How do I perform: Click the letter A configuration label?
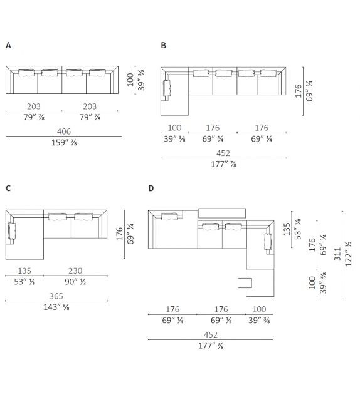8,45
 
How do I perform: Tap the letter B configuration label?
163,45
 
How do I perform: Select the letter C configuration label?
8,188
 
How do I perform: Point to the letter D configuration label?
151,188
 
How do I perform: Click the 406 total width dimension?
64,131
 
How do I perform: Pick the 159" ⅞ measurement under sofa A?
64,142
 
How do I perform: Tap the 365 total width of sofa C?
56,296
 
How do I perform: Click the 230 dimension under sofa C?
75,271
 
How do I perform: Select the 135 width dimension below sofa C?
24,271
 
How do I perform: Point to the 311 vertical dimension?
337,254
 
